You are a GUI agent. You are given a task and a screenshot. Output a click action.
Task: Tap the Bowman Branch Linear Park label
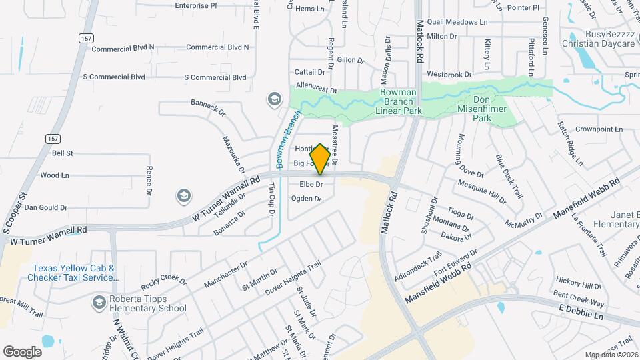click(399, 101)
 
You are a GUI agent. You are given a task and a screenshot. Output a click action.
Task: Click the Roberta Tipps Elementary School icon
click(99, 303)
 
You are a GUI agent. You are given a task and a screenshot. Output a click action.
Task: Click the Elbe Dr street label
click(311, 184)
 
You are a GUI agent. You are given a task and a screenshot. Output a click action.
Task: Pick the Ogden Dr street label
click(307, 199)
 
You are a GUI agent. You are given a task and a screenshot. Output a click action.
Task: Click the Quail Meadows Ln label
click(457, 22)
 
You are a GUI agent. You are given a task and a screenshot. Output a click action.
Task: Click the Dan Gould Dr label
click(46, 208)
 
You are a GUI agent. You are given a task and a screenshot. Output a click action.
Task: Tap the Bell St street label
click(62, 153)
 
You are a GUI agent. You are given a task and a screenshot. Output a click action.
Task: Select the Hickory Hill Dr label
click(579, 283)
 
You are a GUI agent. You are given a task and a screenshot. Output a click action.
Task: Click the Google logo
click(22, 351)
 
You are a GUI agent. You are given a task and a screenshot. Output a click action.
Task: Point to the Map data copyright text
click(611, 355)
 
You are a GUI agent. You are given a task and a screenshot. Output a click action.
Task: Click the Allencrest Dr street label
click(317, 89)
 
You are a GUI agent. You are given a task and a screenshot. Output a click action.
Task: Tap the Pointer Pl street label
click(523, 8)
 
